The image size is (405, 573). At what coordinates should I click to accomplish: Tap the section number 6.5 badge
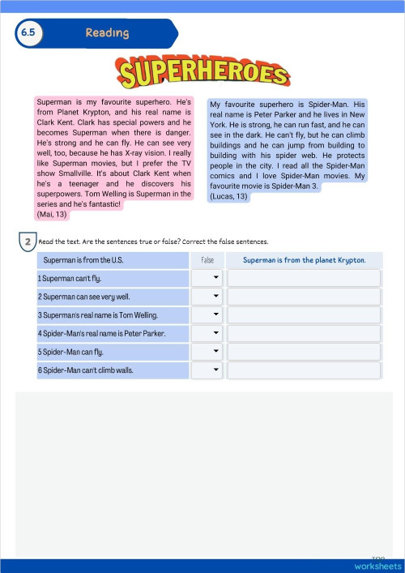point(29,33)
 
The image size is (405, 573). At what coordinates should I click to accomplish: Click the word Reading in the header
point(107,33)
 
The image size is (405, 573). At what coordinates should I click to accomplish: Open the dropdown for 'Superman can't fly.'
point(206,278)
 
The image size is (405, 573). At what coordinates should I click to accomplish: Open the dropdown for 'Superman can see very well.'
point(206,297)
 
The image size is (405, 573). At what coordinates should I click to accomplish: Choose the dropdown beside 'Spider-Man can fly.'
point(206,352)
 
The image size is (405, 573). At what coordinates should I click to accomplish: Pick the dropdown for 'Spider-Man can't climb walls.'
point(206,370)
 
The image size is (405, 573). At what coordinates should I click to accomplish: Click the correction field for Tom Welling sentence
point(304,315)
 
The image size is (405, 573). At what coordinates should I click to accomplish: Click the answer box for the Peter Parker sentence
point(304,333)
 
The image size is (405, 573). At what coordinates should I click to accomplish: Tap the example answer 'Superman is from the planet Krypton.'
point(304,260)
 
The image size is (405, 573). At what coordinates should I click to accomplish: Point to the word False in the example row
point(207,260)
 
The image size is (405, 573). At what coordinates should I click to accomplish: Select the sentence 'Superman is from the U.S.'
point(83,260)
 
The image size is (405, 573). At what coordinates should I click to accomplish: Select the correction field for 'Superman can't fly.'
point(304,278)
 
